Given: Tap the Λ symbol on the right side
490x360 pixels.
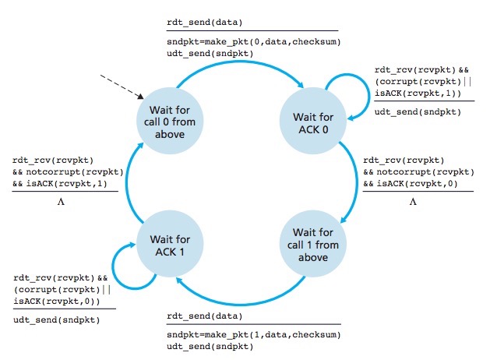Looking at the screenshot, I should click(x=414, y=201).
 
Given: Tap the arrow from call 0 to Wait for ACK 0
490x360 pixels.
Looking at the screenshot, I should click(x=241, y=67).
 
